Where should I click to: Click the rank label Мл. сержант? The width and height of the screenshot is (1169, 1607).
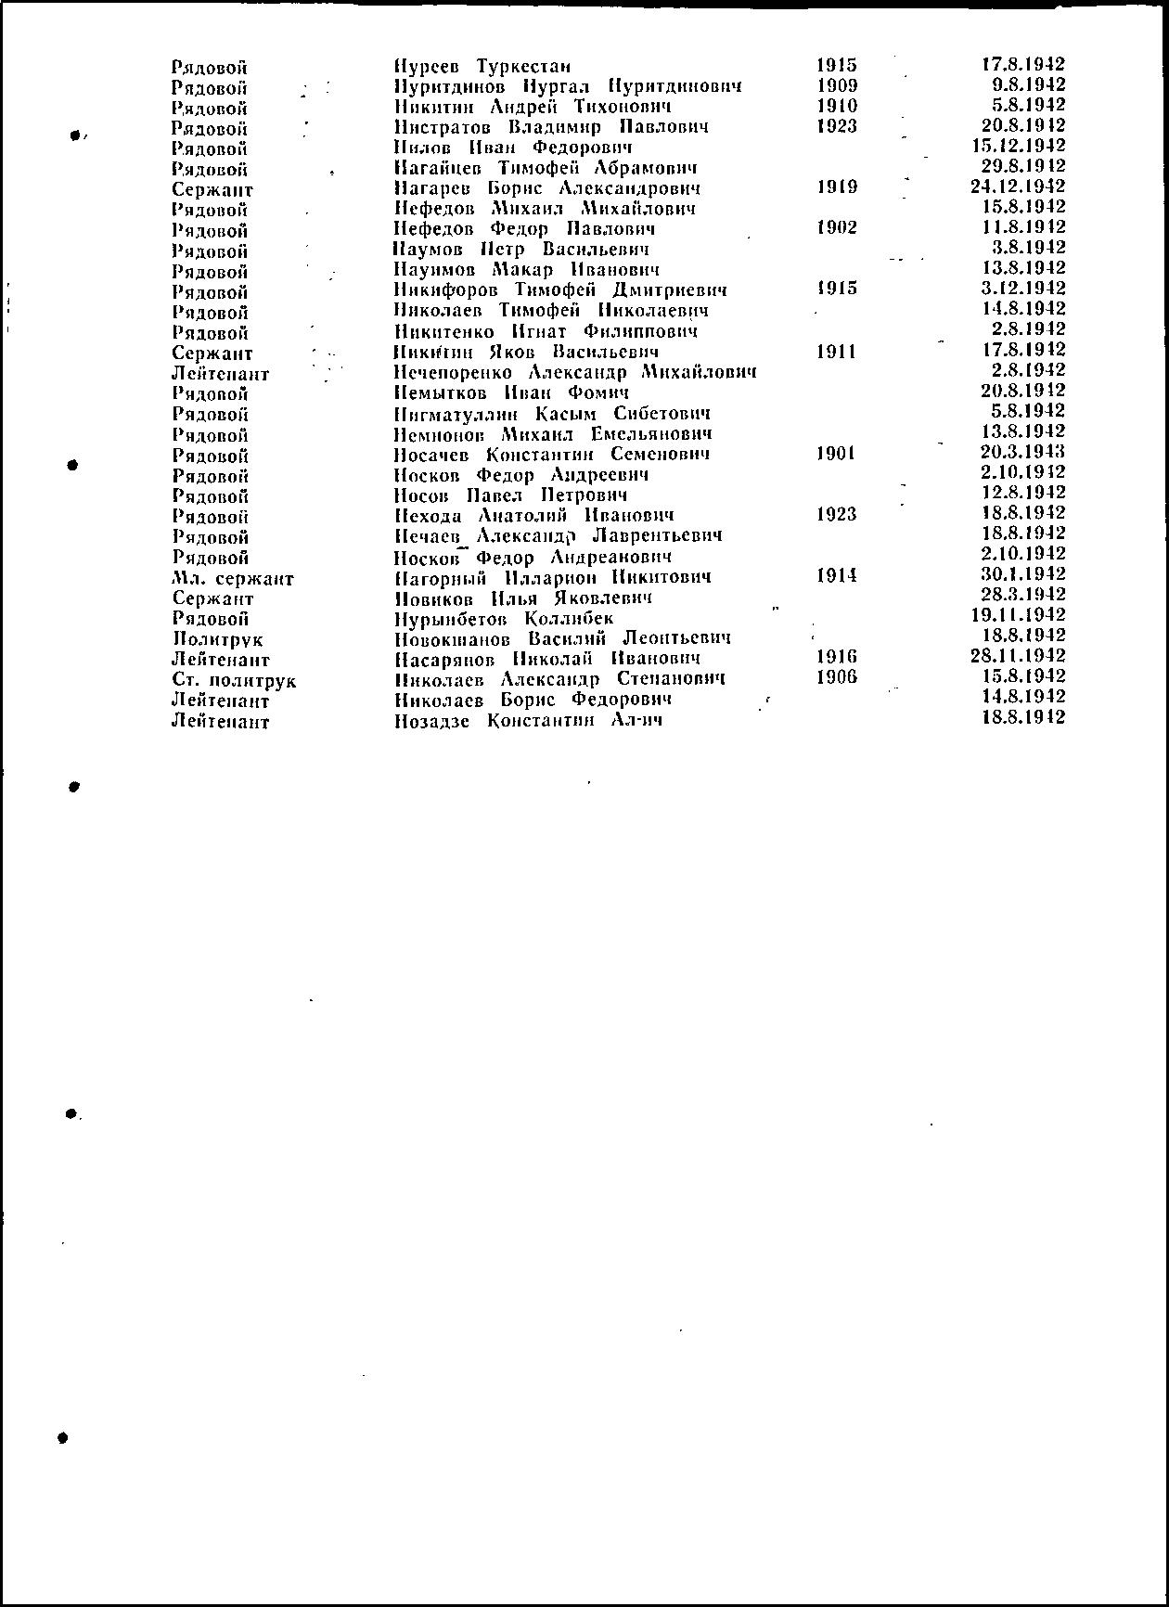click(233, 579)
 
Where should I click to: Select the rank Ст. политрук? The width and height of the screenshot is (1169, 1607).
click(234, 681)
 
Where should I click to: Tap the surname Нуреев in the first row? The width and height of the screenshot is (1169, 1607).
click(427, 67)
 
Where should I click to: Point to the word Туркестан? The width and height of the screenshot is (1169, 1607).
click(523, 67)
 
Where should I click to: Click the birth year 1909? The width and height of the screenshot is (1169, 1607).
click(837, 85)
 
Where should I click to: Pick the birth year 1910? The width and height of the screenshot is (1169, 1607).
click(837, 106)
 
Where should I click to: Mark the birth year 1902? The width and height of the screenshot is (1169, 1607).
click(837, 228)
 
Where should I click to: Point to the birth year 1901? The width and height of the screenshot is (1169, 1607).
click(836, 454)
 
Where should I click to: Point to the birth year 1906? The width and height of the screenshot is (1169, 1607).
click(837, 677)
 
